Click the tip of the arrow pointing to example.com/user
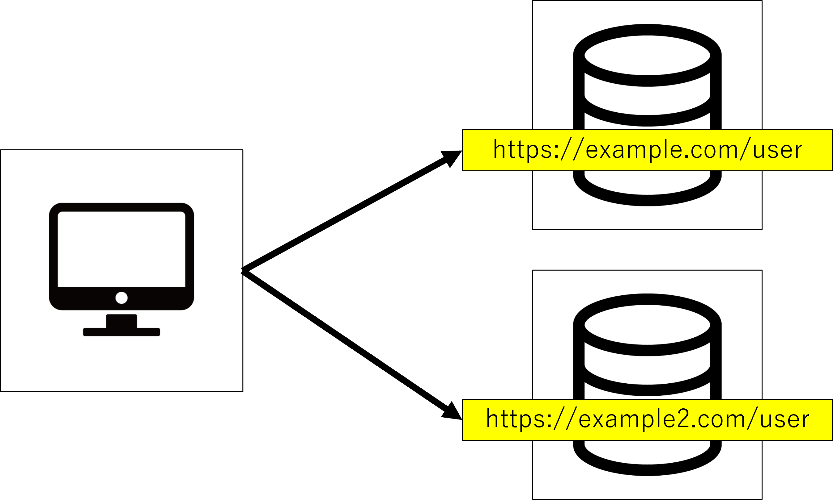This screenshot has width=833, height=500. coord(462,151)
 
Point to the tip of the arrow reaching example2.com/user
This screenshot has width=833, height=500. coord(462,419)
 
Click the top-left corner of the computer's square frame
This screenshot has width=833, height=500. coord(1,150)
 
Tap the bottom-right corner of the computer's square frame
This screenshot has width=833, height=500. coord(243,391)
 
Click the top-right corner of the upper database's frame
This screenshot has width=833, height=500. coord(762,1)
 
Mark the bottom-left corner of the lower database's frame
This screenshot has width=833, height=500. coord(533,499)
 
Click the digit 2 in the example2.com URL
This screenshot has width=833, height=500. coord(682,419)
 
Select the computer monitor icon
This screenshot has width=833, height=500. coord(121,269)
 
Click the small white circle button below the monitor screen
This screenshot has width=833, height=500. coord(121,298)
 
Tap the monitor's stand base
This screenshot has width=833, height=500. coord(121,332)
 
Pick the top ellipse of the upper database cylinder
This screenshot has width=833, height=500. coord(648,55)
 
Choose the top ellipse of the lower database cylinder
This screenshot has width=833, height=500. coord(648,325)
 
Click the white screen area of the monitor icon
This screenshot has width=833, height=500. coord(121,249)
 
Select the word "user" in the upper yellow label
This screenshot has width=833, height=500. coord(777,150)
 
